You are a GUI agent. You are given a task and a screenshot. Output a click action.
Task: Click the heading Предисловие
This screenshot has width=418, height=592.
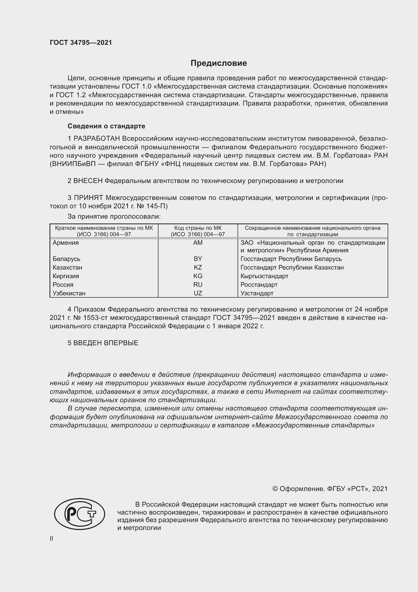(219, 63)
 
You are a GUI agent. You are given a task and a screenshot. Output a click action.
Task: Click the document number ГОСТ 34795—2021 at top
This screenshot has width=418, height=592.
(81, 43)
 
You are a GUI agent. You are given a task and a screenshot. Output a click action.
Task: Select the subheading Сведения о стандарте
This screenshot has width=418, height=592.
(106, 126)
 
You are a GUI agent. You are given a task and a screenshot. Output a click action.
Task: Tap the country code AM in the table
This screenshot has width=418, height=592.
(198, 243)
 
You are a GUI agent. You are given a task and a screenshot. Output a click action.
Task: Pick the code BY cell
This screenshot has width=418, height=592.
(198, 259)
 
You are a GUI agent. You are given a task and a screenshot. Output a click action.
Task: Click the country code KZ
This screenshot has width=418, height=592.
(198, 267)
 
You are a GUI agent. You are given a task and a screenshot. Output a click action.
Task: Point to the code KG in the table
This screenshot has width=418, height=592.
(198, 276)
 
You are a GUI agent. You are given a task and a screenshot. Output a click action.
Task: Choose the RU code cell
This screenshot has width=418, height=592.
(198, 285)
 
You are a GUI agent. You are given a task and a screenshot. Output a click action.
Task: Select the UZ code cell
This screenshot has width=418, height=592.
(198, 293)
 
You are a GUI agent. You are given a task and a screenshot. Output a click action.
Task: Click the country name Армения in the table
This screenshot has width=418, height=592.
(66, 243)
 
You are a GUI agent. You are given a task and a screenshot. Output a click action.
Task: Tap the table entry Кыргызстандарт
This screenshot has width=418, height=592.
(264, 276)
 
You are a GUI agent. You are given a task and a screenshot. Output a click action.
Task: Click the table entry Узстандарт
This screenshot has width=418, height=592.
(257, 293)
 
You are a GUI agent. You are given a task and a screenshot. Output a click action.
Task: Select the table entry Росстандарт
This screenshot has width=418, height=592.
(259, 285)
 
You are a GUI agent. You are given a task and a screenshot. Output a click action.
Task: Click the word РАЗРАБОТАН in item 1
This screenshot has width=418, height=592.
(97, 139)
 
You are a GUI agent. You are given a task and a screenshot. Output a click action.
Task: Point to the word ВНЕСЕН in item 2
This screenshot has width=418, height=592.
(88, 181)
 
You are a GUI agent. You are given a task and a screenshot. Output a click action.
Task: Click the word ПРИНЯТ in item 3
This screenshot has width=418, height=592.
(88, 198)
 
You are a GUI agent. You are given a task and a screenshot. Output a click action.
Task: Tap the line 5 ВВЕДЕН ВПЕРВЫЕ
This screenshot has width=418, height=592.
(103, 343)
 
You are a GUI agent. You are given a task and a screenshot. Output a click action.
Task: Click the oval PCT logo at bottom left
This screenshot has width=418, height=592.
(80, 514)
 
